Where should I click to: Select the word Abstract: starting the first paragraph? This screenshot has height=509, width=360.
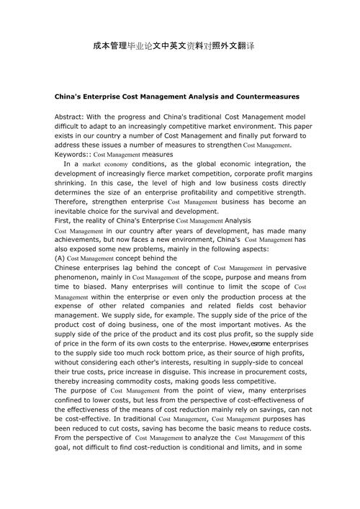pyautogui.click(x=72, y=116)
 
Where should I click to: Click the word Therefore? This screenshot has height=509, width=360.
pyautogui.click(x=74, y=202)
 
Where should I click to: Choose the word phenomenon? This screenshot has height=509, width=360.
pyautogui.click(x=81, y=276)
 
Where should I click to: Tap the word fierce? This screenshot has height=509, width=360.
pyautogui.click(x=171, y=174)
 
